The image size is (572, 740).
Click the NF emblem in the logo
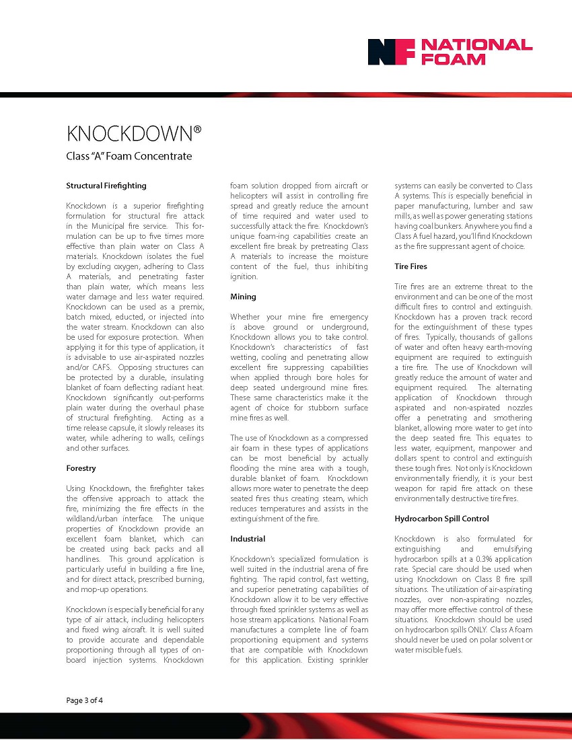pyautogui.click(x=388, y=52)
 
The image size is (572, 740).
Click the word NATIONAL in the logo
pyautogui.click(x=476, y=45)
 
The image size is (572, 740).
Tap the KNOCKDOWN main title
pyautogui.click(x=134, y=134)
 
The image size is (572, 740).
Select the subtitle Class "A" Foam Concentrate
pyautogui.click(x=129, y=156)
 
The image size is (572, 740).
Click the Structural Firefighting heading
pyautogui.click(x=106, y=185)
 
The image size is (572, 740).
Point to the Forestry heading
pyautogui.click(x=81, y=468)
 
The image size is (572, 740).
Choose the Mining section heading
pyautogui.click(x=243, y=296)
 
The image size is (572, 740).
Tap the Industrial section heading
pyautogui.click(x=248, y=539)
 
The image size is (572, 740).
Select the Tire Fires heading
pyautogui.click(x=410, y=266)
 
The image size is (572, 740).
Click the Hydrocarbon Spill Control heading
pyautogui.click(x=441, y=519)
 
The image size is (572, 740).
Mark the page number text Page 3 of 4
pyautogui.click(x=85, y=700)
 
